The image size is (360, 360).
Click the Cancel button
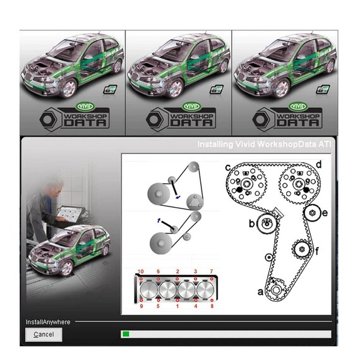point(44,334)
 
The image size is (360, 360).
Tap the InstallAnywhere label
point(48,321)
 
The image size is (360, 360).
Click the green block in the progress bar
point(126,334)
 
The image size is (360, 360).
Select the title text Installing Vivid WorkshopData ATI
point(265,145)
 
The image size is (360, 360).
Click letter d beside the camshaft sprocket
point(319,164)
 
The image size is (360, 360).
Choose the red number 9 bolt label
point(142,306)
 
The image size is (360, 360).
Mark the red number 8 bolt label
point(211,306)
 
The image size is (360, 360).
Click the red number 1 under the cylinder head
point(177,306)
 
